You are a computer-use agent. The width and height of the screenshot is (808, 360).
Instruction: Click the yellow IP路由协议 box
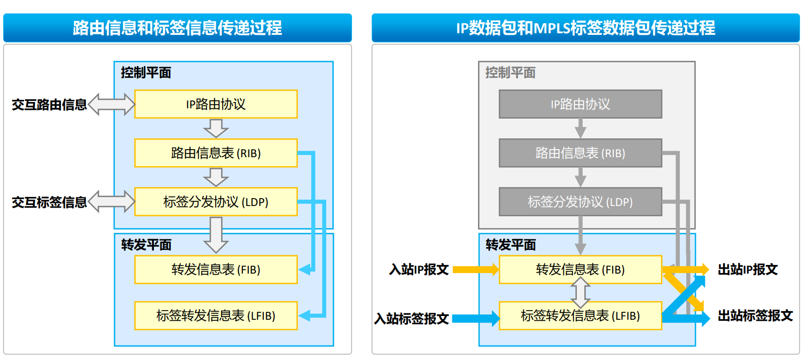[x=216, y=104]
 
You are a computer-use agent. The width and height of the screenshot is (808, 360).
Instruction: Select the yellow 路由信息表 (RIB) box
[x=216, y=153]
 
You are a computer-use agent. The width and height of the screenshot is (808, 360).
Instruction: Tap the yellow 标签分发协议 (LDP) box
[x=216, y=202]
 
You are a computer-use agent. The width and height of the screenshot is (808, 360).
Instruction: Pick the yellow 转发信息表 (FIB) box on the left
[x=216, y=269]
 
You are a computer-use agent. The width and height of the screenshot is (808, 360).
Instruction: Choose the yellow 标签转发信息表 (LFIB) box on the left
[x=216, y=315]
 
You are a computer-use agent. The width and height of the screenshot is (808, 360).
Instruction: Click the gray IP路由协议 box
[x=580, y=104]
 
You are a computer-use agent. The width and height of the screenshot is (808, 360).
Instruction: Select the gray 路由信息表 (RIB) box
[x=580, y=153]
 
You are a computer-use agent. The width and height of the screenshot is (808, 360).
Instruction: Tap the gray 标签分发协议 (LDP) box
[x=580, y=202]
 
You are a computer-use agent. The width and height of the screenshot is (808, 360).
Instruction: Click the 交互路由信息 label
[x=49, y=105]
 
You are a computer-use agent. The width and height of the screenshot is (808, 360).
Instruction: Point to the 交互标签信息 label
[x=49, y=202]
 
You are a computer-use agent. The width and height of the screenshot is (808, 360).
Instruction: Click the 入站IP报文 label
[x=418, y=269]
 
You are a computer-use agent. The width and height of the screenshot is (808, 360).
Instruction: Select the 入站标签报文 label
[x=412, y=318]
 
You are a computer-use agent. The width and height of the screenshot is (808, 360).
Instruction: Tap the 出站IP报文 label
[x=747, y=269]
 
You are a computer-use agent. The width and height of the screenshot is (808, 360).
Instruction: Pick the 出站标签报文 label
[x=755, y=316]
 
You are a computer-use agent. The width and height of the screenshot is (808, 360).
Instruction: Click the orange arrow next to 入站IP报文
[x=475, y=269]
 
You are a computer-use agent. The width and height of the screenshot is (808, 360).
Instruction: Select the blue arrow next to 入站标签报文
[x=475, y=318]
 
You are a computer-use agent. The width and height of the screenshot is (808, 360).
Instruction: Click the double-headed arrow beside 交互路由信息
[x=111, y=104]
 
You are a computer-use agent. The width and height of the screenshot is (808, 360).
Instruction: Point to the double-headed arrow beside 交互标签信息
[x=111, y=202]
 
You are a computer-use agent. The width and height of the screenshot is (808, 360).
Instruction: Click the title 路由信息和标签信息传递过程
[x=178, y=28]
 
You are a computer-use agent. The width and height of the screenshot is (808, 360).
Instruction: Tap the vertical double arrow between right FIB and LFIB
[x=580, y=292]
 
